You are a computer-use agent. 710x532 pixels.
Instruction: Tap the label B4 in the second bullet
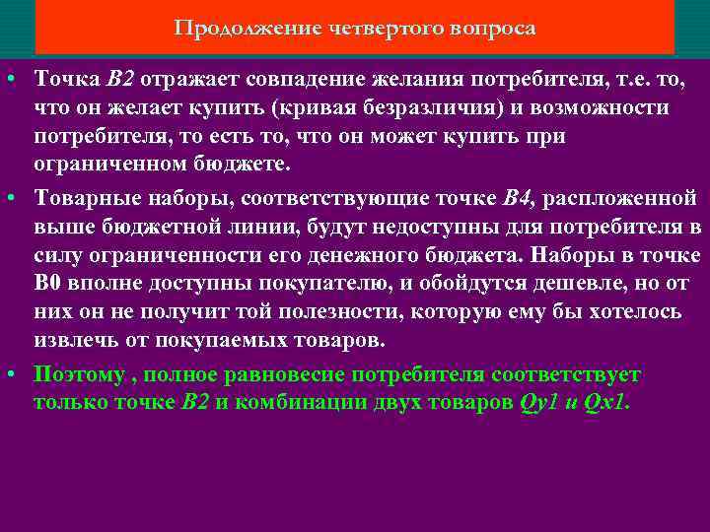point(519,199)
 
